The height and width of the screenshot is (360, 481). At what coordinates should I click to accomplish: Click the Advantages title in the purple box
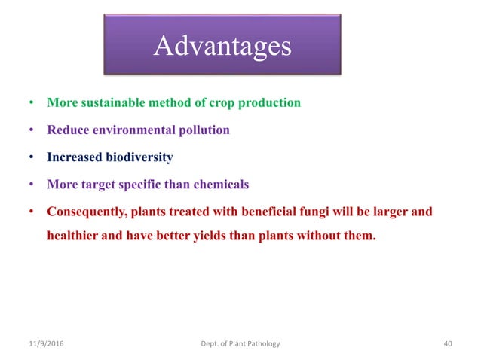222,47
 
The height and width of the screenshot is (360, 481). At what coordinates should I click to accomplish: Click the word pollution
204,130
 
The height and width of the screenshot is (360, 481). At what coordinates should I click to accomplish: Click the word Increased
74,157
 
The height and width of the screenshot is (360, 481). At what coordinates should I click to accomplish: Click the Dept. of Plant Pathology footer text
236,343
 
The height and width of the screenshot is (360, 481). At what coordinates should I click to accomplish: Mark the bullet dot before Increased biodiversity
32,158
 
